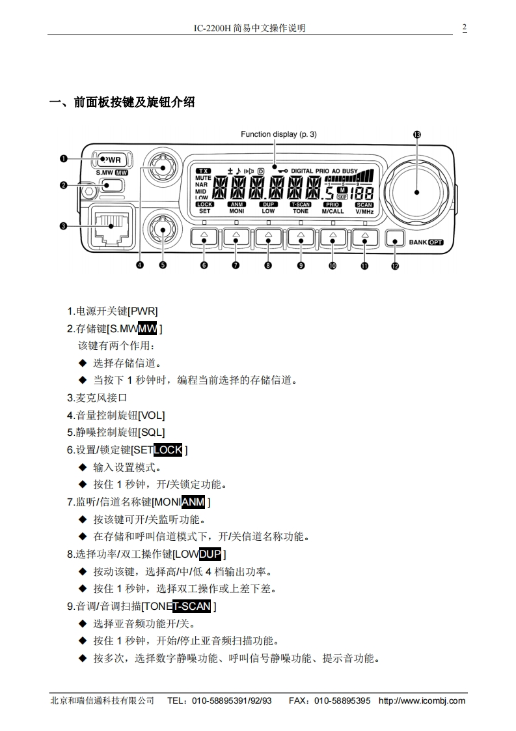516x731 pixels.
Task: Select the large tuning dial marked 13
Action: [416, 192]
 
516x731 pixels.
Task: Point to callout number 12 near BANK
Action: [395, 265]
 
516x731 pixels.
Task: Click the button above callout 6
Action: [204, 239]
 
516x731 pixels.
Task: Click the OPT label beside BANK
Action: [435, 242]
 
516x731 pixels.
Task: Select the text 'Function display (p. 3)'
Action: [278, 135]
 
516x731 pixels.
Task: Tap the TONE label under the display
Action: [301, 212]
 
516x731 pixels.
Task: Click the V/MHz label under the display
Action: [364, 212]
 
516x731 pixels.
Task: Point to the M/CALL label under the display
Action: [333, 212]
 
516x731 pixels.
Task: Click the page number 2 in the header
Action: [465, 27]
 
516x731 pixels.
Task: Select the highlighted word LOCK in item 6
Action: [168, 450]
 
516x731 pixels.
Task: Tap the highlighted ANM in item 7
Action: [193, 502]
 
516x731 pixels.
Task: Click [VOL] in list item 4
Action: [152, 415]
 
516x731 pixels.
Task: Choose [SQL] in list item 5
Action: [152, 432]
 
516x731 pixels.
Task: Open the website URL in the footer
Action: [422, 701]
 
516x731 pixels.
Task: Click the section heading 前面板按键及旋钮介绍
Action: [134, 102]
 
